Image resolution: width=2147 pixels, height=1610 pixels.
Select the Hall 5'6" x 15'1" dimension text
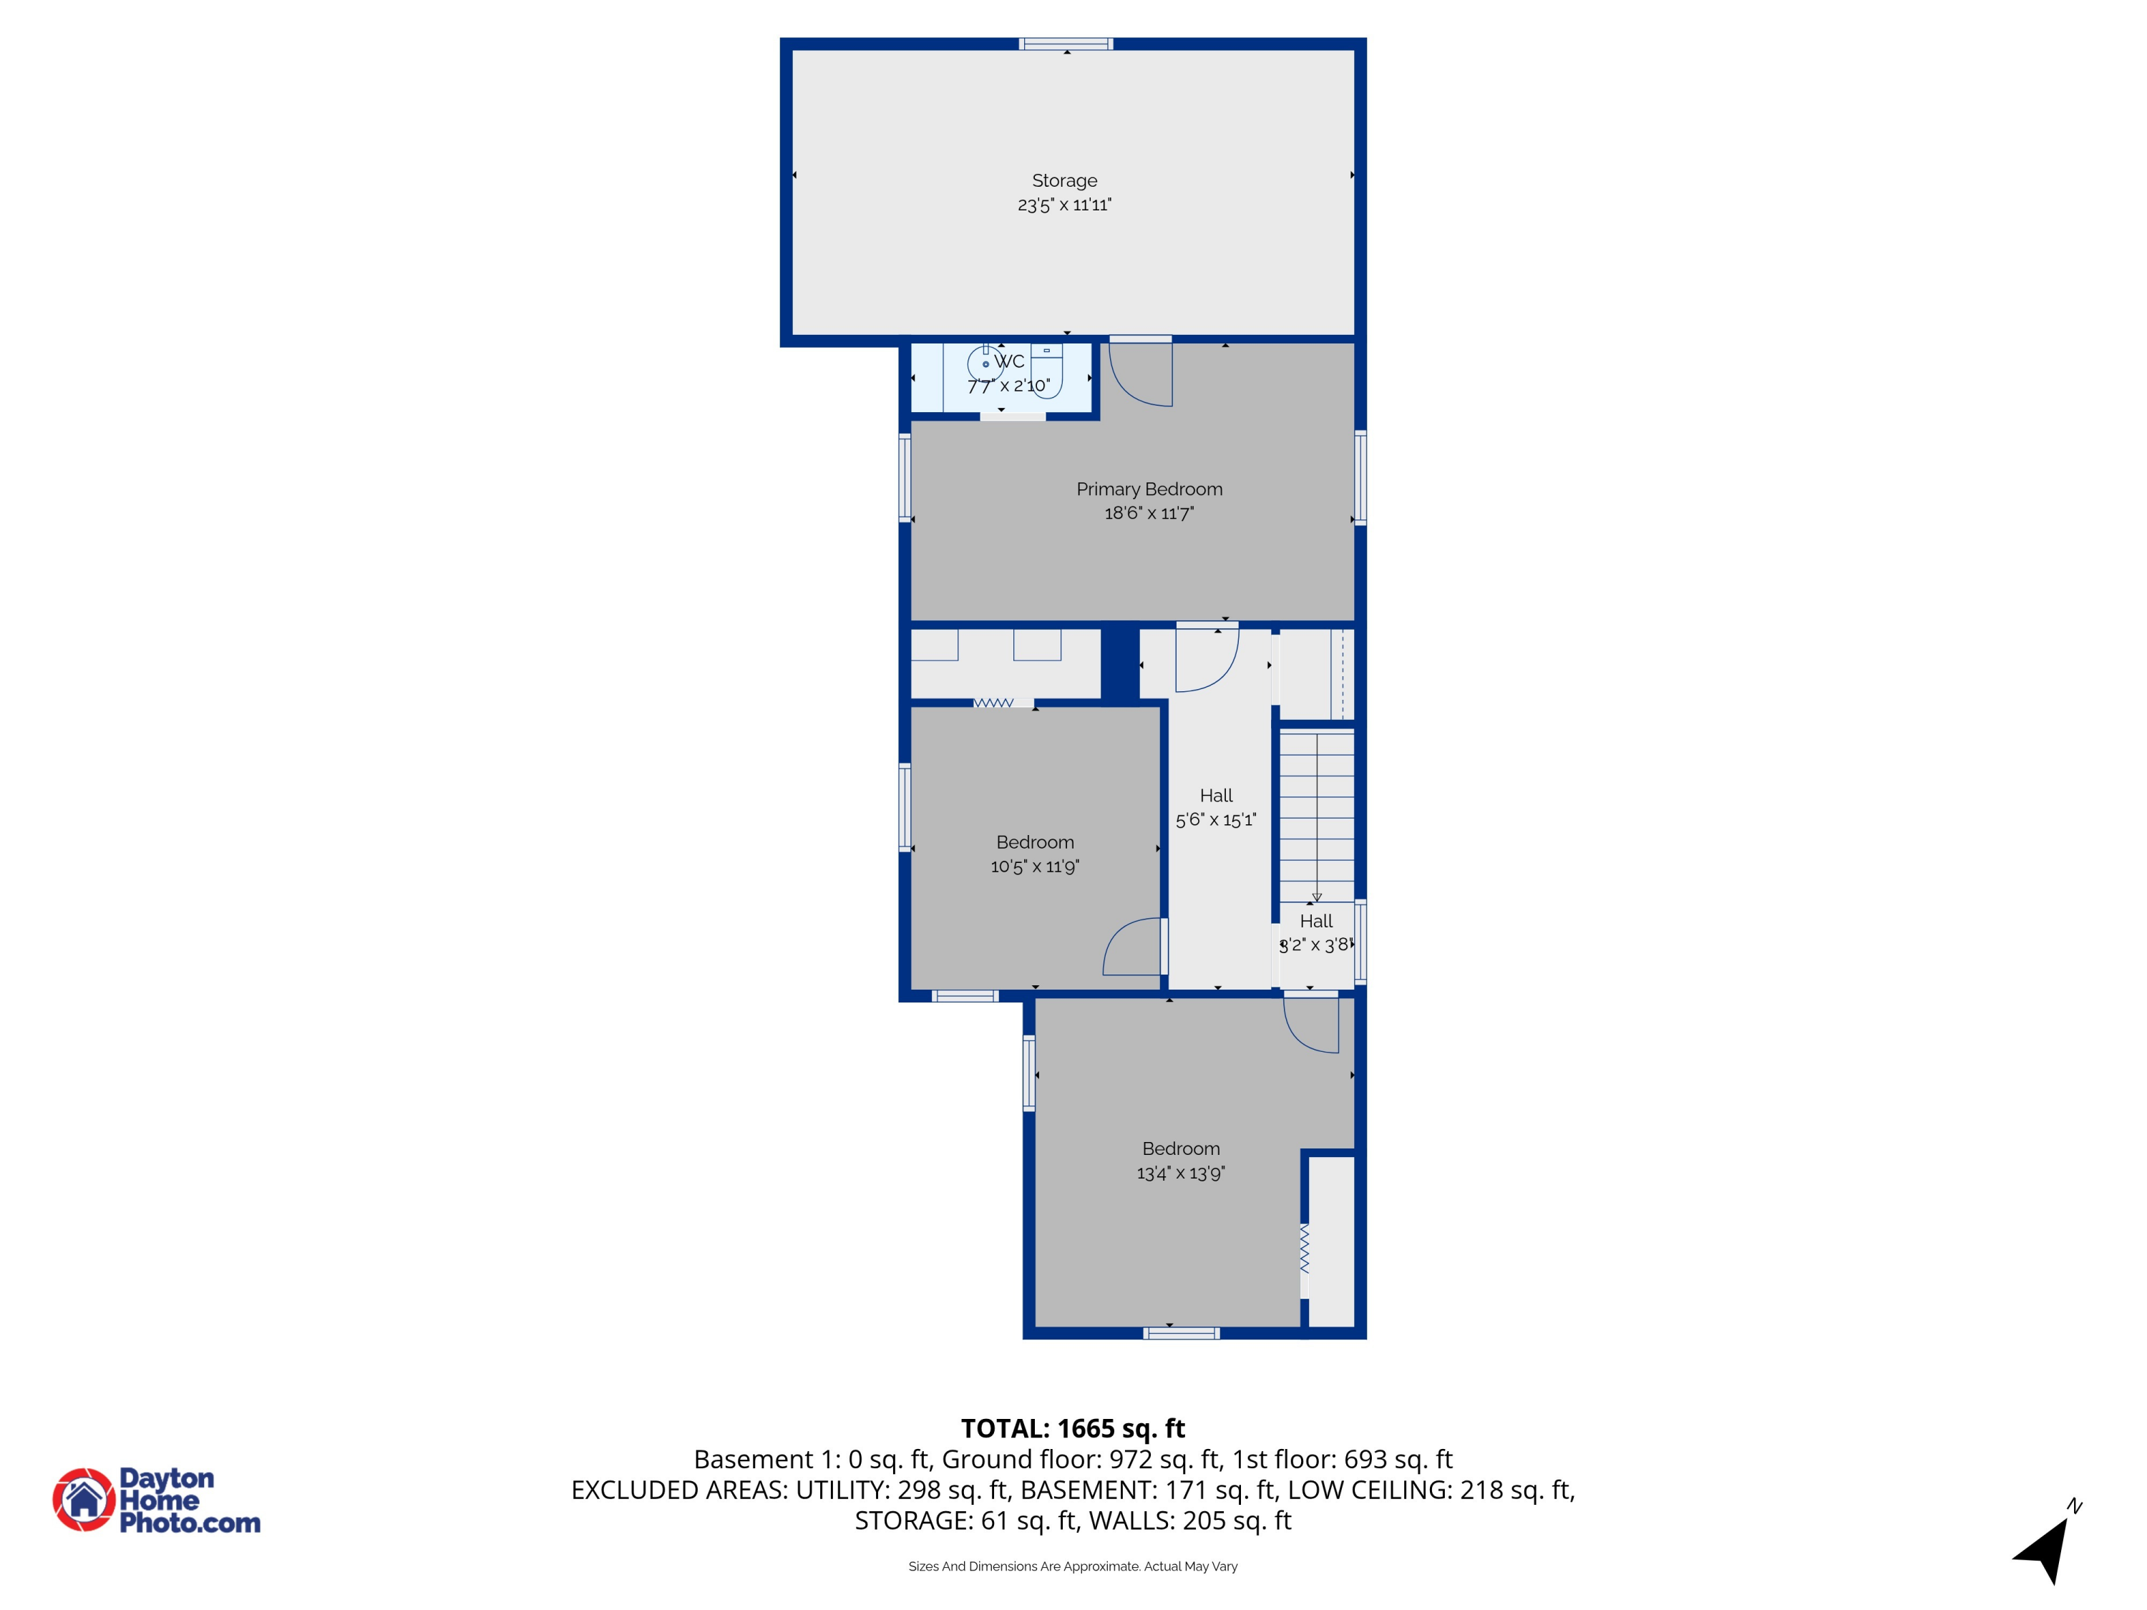coord(1215,820)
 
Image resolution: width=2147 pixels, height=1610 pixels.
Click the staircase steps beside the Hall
coord(1315,815)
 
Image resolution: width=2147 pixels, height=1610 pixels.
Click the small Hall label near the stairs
coord(1315,921)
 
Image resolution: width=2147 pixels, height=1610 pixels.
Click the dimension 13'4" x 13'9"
coord(1180,1174)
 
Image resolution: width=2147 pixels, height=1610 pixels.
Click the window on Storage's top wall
coord(1065,44)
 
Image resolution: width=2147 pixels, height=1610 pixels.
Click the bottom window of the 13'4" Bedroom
coord(1180,1333)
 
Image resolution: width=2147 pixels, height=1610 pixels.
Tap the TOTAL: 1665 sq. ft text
coord(1073,1428)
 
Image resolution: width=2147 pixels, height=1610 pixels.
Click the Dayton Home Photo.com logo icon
coord(84,1499)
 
